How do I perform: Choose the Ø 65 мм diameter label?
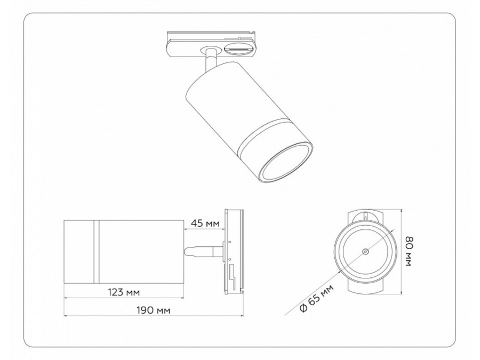coord(316,300)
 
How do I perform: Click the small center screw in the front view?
coord(364,251)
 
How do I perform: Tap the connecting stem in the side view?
coord(203,251)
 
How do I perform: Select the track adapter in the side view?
coord(235,251)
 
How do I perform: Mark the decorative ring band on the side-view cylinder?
coord(97,251)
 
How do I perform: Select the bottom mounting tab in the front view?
coord(365,288)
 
